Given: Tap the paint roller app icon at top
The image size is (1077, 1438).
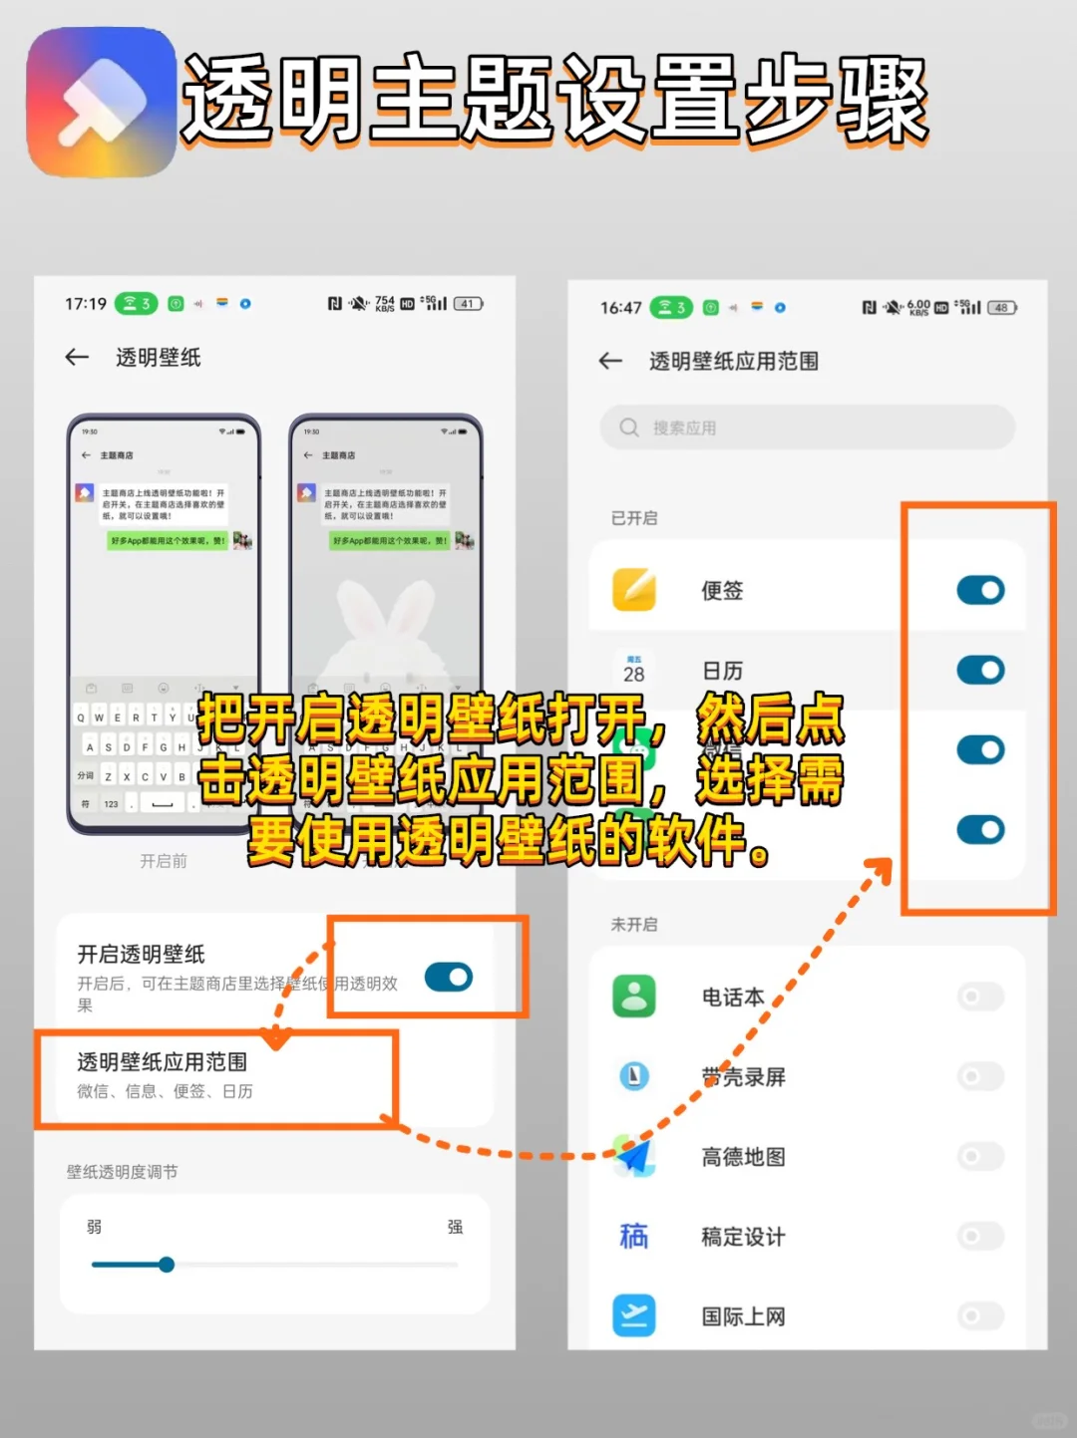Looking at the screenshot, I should [102, 103].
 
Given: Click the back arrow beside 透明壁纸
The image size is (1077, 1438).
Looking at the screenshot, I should [77, 357].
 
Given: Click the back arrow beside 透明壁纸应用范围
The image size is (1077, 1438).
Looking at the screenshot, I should [610, 361].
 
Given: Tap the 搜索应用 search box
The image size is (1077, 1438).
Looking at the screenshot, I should [807, 428].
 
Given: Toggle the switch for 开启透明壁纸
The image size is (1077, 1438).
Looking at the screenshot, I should [449, 977].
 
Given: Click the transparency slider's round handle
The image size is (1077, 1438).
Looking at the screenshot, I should [167, 1265].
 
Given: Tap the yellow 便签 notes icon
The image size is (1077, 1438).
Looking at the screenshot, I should [634, 590].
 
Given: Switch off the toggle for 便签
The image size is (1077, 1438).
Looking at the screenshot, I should [980, 590].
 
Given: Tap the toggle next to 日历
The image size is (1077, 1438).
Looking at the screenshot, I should [980, 670].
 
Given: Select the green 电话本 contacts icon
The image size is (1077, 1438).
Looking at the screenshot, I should [634, 996].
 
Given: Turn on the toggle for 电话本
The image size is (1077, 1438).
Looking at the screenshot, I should [980, 996].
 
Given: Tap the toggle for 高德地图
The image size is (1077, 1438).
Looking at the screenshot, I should [980, 1156].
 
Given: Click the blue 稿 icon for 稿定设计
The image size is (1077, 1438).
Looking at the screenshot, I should [634, 1236].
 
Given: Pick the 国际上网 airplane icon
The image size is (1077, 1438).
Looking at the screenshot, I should [634, 1315].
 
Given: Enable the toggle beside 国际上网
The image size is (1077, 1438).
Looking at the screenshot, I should [980, 1315].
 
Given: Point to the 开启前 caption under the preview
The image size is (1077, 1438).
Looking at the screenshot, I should [164, 861].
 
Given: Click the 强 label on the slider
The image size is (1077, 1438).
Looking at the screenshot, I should [455, 1227].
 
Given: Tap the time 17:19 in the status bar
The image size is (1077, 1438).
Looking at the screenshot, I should [86, 304].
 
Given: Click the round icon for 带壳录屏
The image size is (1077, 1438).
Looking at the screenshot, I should [634, 1076].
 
